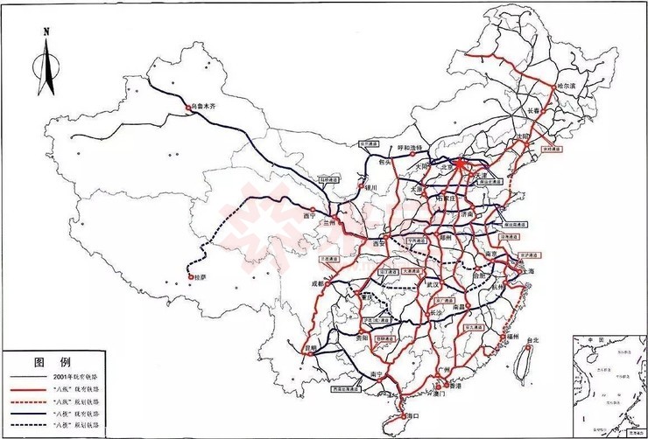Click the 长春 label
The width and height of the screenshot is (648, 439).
click(534, 111)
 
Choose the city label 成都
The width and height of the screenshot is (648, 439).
click(316, 284)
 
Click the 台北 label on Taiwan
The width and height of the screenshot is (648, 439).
click(532, 339)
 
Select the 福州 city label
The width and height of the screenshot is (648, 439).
click(513, 336)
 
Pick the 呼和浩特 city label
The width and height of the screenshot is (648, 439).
click(410, 149)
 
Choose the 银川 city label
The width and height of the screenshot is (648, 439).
click(370, 187)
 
